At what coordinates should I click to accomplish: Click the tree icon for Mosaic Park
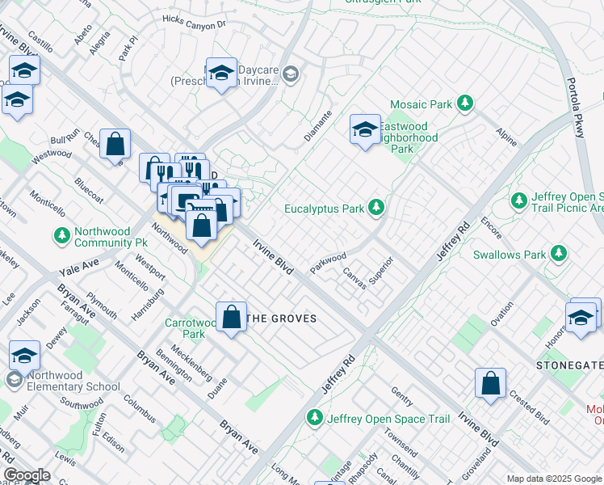tap(464, 104)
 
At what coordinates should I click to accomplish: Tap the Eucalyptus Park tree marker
tap(375, 209)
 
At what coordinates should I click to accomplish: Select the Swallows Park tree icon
tap(557, 255)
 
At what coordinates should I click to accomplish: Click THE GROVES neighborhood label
tap(281, 318)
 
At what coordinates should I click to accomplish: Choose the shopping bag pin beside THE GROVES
tap(231, 318)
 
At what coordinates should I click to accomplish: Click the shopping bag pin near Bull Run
tap(115, 144)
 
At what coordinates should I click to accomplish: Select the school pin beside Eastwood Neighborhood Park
tap(364, 128)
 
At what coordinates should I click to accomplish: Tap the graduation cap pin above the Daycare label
tap(220, 74)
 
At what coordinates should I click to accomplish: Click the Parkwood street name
tap(328, 264)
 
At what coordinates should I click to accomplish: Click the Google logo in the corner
tap(27, 475)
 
